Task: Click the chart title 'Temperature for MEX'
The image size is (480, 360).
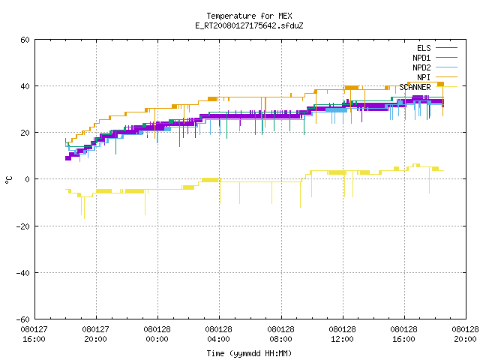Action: tap(249, 16)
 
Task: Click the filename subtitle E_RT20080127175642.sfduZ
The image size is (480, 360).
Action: tap(249, 25)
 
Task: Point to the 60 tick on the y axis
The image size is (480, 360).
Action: tap(25, 40)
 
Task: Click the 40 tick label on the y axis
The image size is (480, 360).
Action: tap(25, 86)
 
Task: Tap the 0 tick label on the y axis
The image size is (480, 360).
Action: tap(28, 179)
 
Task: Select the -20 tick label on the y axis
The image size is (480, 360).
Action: tap(23, 226)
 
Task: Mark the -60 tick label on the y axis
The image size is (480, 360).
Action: tap(23, 319)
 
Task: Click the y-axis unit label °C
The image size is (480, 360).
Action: tap(8, 180)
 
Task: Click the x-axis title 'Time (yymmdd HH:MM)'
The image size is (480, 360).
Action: tap(249, 353)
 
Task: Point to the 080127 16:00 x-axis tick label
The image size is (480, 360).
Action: tap(34, 334)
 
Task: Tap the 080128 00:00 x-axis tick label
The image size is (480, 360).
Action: tap(157, 334)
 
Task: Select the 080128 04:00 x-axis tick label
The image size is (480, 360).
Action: tap(218, 334)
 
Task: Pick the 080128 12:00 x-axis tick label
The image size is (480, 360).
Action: tap(342, 334)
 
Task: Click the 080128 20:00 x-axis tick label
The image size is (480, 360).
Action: tap(465, 334)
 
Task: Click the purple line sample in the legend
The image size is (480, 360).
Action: tap(446, 48)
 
